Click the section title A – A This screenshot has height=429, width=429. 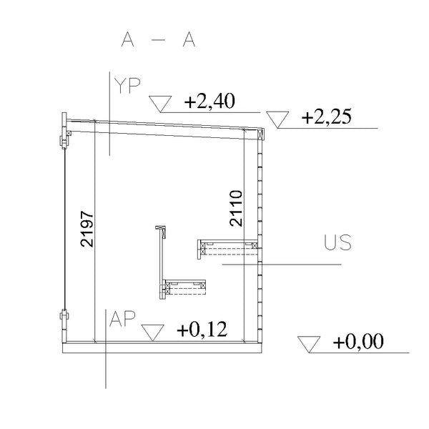point(158,39)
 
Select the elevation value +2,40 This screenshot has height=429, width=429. point(209,101)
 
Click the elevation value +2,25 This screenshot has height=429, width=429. point(327,117)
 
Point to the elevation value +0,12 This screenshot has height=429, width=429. point(202,329)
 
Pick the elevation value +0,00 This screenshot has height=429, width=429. point(358,342)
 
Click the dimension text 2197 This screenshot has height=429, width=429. point(87,229)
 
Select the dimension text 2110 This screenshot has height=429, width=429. point(236,208)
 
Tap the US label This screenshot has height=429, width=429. point(338,242)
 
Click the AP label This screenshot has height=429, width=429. point(122,319)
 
